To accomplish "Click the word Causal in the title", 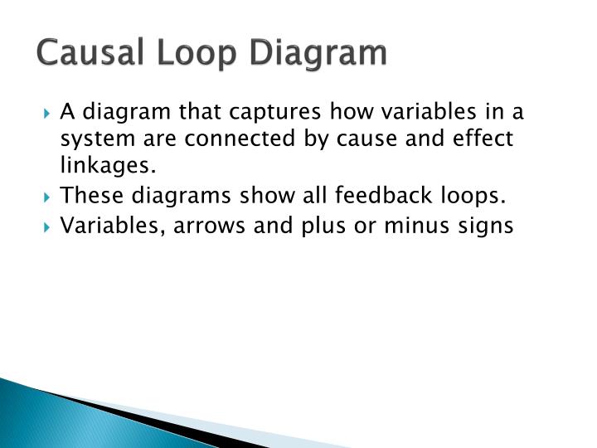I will [82, 52].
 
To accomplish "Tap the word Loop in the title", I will [175, 52].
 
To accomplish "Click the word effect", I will [484, 138].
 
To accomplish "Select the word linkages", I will [109, 166].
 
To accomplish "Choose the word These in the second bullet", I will [89, 196].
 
